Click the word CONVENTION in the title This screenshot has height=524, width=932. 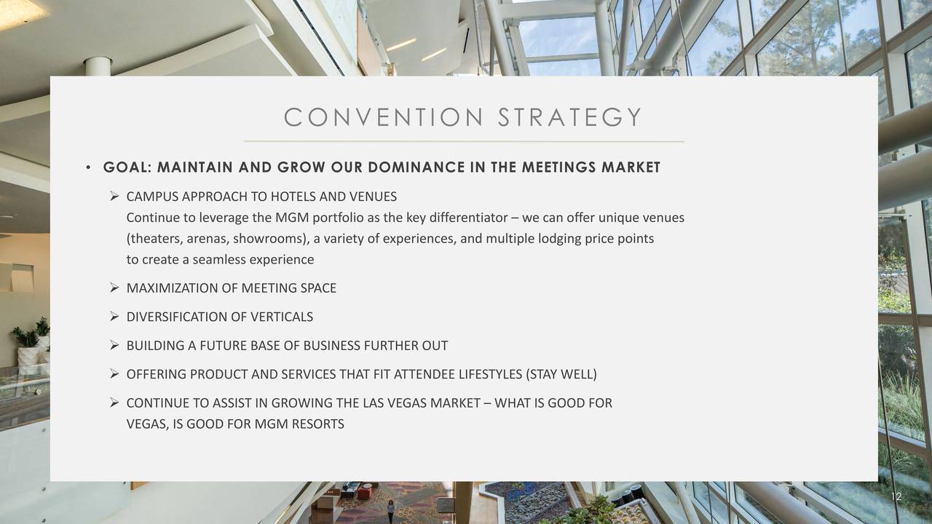coord(384,117)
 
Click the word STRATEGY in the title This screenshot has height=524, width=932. coord(570,117)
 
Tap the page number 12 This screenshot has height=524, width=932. coord(896,496)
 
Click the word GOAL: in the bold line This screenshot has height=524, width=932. coord(127,167)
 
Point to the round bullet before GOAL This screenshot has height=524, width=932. coord(88,167)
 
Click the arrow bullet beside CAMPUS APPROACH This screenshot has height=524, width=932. coord(114,196)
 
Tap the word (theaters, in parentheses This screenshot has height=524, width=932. coord(154,239)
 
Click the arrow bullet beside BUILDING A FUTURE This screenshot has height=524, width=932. coord(114,345)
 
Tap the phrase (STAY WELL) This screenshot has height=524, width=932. coord(561,374)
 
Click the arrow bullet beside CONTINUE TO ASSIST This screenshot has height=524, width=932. coord(114,402)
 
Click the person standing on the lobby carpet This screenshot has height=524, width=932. coord(391,512)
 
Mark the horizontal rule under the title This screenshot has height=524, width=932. coord(464,142)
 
